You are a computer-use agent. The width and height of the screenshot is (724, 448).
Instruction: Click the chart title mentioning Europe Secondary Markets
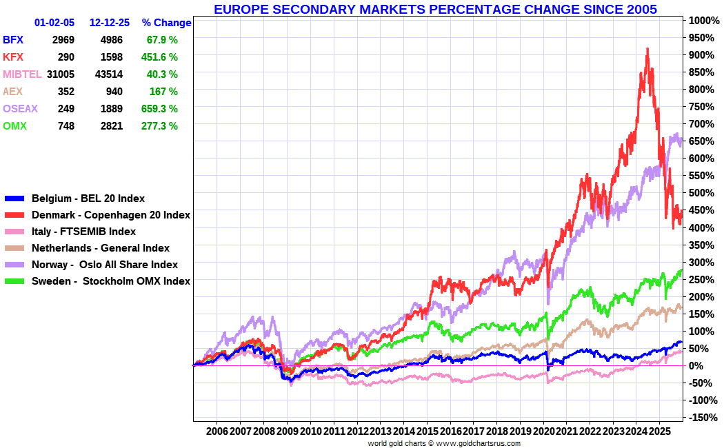(x=435, y=9)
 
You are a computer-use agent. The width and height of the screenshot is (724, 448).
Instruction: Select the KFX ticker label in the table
(x=13, y=57)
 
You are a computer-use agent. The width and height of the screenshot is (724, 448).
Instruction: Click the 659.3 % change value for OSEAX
(x=159, y=109)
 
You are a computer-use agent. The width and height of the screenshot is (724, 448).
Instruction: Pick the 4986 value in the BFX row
(x=112, y=40)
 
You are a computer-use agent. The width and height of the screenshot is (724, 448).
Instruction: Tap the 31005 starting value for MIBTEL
(x=61, y=74)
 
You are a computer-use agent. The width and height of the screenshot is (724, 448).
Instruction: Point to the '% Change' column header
(x=166, y=23)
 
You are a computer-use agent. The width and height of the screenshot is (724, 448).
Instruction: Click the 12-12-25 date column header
(x=110, y=23)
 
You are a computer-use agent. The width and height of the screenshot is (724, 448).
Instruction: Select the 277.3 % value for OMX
(x=159, y=126)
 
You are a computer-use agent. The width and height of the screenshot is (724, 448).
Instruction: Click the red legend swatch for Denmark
(x=14, y=215)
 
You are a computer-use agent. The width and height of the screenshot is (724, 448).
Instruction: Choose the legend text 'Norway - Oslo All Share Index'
(x=105, y=265)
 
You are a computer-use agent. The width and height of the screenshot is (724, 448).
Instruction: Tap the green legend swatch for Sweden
(x=14, y=281)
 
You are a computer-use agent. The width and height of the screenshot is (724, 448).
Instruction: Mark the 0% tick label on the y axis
(x=696, y=366)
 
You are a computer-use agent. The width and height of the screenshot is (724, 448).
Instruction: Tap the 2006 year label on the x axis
(x=217, y=431)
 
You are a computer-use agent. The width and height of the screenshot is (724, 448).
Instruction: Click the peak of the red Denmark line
(x=647, y=48)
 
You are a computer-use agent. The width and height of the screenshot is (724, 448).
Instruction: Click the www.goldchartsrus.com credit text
(x=478, y=443)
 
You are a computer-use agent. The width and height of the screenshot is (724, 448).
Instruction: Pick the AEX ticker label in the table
(x=12, y=92)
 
